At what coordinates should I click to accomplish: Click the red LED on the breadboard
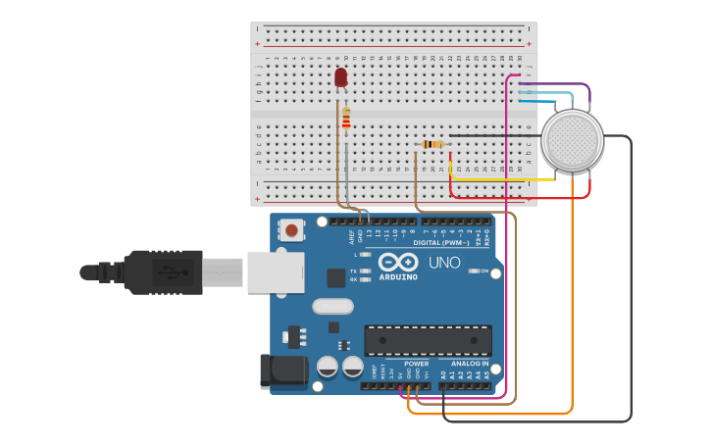[340, 77]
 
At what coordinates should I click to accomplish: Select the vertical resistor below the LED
[346, 120]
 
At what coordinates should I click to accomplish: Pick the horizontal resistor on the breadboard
[432, 145]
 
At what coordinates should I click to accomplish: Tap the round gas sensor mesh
[573, 140]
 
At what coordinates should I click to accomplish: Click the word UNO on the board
[444, 263]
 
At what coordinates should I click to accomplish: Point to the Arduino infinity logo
[397, 262]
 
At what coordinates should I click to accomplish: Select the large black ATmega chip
[428, 340]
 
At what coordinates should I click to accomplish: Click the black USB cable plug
[163, 271]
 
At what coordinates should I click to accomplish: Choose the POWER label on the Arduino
[416, 363]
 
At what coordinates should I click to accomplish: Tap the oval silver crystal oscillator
[333, 306]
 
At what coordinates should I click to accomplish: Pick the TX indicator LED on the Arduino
[366, 270]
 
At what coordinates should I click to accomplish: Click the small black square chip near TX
[336, 277]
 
